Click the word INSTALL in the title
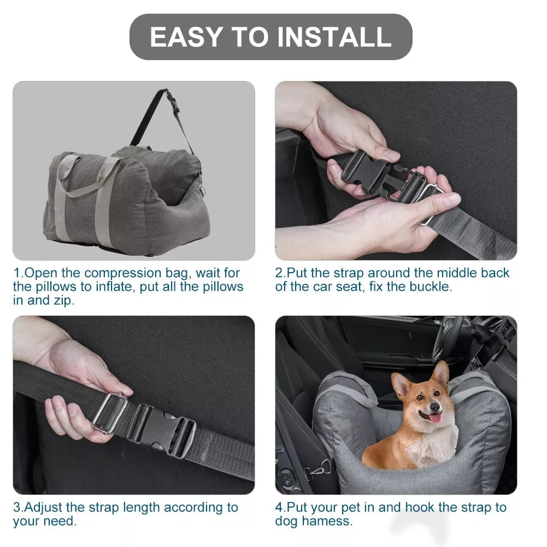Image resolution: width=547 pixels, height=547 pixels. click(334, 37)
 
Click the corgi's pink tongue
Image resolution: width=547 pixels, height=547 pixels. click(435, 418)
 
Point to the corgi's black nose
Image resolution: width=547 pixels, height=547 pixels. click(434, 407)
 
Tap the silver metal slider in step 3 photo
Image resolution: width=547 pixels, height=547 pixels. click(109, 412)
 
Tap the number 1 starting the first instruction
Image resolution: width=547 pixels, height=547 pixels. click(16, 273)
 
